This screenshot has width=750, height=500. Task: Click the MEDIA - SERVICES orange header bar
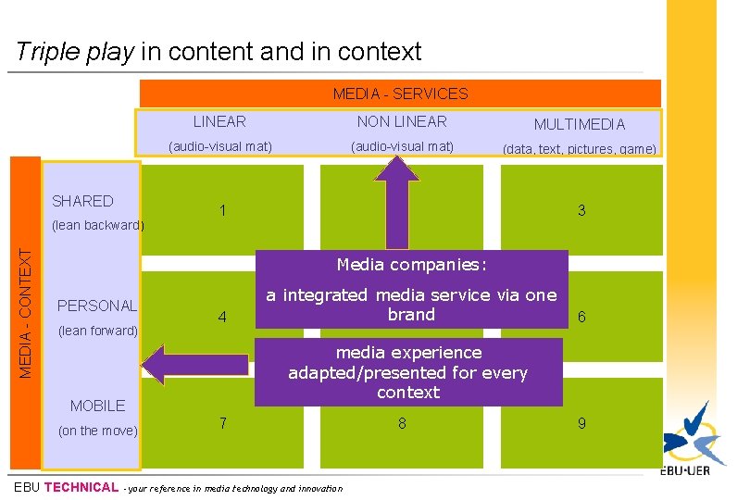[x=400, y=94]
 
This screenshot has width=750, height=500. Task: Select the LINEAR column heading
[x=219, y=121]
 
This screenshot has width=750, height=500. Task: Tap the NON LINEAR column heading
[x=402, y=121]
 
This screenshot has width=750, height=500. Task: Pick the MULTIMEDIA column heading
[x=579, y=124]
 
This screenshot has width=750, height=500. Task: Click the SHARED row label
[x=82, y=201]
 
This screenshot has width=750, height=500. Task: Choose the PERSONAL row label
[x=96, y=306]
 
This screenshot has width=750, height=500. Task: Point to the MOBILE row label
[x=97, y=406]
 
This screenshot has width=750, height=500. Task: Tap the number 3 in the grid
[x=581, y=211]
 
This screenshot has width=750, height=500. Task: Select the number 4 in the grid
[x=222, y=317]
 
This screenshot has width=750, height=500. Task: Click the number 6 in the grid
[x=581, y=317]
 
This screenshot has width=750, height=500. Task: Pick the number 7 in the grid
[x=222, y=423]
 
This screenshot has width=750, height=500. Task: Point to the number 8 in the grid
[x=402, y=423]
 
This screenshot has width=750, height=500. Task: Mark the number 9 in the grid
[x=581, y=423]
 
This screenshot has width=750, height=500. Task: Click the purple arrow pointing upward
[x=401, y=199]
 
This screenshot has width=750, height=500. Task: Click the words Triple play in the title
[x=75, y=52]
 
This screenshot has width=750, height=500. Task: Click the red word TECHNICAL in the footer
[x=81, y=487]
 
